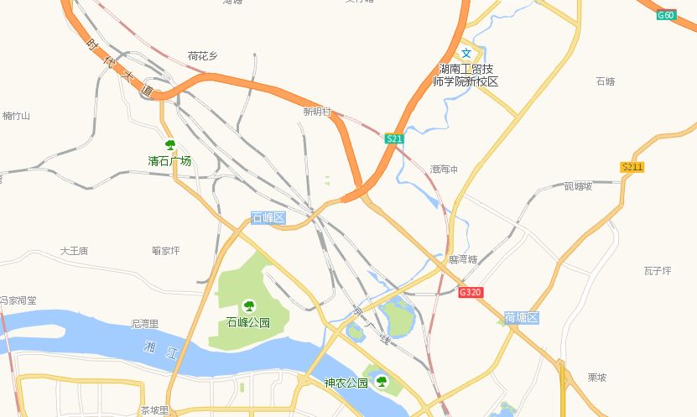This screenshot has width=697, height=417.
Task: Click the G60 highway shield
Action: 666,15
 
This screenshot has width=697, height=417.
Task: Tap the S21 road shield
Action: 395,138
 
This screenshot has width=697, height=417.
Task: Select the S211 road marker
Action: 632,167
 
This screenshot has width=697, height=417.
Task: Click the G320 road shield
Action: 470,292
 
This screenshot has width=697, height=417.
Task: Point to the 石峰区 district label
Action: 268,218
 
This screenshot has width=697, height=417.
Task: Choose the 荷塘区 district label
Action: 521,317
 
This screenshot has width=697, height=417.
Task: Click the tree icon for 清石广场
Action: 169,145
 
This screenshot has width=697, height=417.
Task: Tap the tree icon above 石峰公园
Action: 248,305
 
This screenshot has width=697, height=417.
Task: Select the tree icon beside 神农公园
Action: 382,383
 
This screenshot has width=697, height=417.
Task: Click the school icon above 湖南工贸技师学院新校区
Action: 466,53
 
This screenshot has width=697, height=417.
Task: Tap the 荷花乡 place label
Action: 202,56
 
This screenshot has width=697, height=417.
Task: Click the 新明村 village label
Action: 318,112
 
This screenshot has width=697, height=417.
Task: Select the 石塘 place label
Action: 605,81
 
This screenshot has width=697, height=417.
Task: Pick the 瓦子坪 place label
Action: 658,270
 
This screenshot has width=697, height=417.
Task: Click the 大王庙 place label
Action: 75,251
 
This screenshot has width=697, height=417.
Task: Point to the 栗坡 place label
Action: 596,378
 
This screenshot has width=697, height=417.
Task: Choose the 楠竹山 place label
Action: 16,116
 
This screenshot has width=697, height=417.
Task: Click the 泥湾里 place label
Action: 145,323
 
